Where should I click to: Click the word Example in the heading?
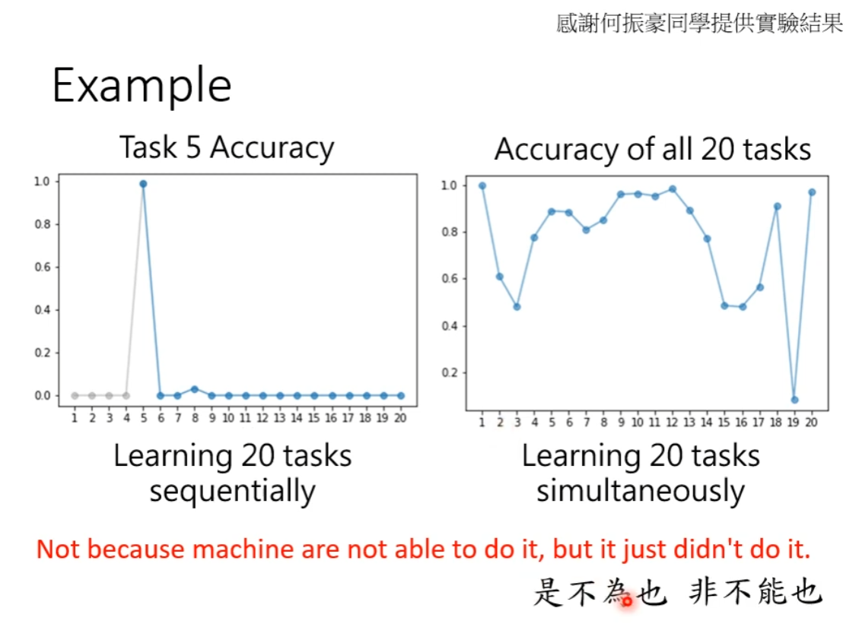[x=142, y=86]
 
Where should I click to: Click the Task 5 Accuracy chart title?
[x=226, y=147]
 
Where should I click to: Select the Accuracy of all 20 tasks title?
[x=653, y=149]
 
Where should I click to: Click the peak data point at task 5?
[x=143, y=184]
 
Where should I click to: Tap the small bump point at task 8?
[x=195, y=389]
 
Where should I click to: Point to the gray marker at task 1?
[x=75, y=396]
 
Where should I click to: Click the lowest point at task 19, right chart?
[x=794, y=400]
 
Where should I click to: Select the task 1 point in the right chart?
[x=482, y=185]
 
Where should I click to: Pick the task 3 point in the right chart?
[x=517, y=306]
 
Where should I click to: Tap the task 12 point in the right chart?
[x=672, y=189]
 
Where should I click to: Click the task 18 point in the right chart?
[x=777, y=206]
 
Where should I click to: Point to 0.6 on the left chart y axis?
[x=43, y=267]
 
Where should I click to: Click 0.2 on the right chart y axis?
[x=450, y=372]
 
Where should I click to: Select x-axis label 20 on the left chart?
[x=400, y=418]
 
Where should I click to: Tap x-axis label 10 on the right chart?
[x=637, y=423]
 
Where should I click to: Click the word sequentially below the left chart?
[x=232, y=491]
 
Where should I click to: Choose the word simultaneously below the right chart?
[x=641, y=491]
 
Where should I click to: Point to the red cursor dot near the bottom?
[x=627, y=601]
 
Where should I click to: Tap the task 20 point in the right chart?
[x=812, y=192]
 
